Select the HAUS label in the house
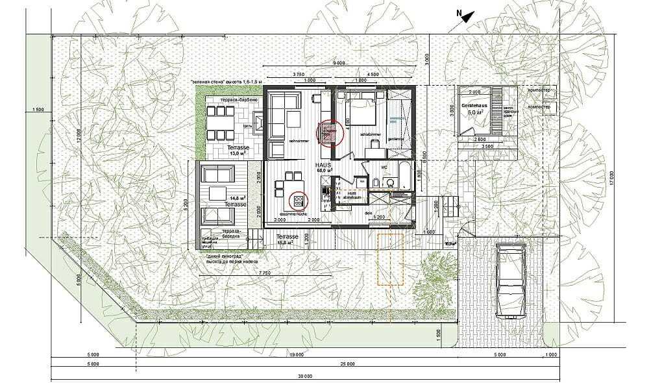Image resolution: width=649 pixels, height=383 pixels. tap(323, 166)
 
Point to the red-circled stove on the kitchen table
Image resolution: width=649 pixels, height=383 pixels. tap(298, 199)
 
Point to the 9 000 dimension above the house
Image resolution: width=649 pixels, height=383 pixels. tap(338, 63)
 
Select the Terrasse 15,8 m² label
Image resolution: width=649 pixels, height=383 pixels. tap(287, 240)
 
